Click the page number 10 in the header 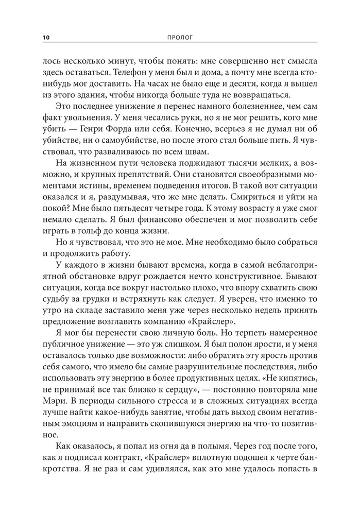(x=46, y=37)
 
